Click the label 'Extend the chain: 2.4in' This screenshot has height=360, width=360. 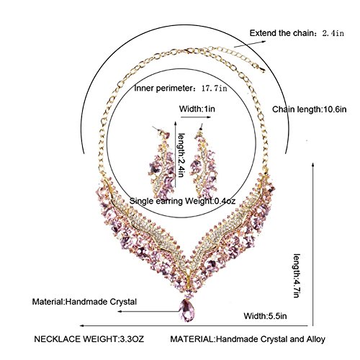click(297, 33)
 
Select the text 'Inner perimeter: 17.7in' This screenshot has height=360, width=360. click(181, 89)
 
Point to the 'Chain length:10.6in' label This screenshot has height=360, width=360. click(310, 109)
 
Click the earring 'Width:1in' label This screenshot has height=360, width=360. click(197, 109)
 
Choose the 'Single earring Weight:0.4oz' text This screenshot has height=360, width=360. click(182, 201)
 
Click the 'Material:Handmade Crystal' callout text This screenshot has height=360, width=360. click(84, 302)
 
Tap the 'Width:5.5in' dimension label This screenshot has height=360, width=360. click(265, 316)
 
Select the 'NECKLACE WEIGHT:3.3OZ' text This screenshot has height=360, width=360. click(89, 339)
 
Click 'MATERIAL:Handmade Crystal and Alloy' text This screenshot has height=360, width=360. click(248, 339)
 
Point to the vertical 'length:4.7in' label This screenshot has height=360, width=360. click(297, 276)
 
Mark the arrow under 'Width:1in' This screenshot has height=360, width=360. click(196, 117)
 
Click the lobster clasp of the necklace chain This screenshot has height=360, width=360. click(186, 51)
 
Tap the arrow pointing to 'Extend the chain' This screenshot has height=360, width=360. click(250, 44)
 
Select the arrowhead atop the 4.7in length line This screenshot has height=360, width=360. click(312, 165)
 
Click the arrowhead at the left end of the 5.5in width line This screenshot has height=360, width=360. click(81, 325)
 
